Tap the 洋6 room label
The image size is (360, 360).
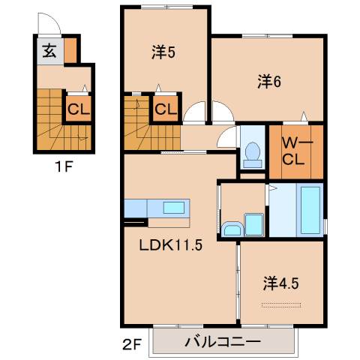point(268,82)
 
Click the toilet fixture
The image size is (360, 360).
point(251,150)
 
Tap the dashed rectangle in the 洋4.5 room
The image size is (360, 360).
point(284,304)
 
